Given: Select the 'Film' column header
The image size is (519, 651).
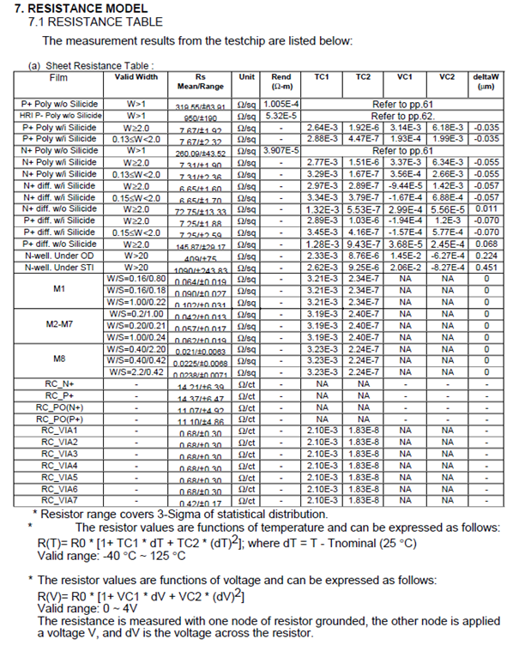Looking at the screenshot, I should click(58, 76).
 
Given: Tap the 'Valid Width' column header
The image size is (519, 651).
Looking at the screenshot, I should click(136, 76).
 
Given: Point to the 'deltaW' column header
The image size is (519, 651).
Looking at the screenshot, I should click(486, 81).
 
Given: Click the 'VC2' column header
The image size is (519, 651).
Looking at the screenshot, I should click(447, 76).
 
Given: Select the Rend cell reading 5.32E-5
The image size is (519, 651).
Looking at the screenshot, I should click(281, 114).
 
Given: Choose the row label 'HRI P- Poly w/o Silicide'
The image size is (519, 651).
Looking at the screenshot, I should click(59, 114).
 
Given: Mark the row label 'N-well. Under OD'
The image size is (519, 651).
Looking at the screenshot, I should click(59, 255).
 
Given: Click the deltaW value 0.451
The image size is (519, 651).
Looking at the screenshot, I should click(486, 266).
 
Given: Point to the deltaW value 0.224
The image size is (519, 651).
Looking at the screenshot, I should click(486, 255).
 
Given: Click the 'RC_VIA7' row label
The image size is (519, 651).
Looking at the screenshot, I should click(59, 499).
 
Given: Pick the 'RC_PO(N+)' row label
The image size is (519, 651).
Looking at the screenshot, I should click(59, 407).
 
